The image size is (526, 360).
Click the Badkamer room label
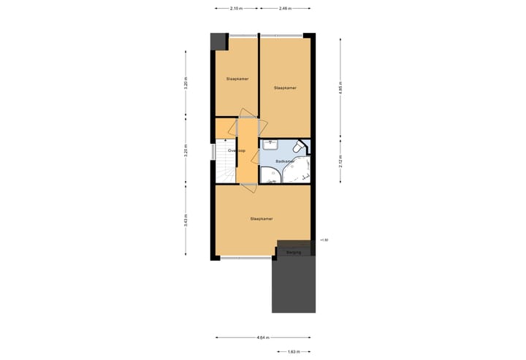[285, 161]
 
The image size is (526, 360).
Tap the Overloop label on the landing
[237, 150]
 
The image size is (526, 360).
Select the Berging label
[294, 253]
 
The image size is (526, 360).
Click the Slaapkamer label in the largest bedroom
[262, 218]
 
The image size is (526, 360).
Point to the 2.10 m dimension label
[236, 9]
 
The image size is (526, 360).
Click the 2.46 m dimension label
[285, 9]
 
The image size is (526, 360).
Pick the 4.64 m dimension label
[262, 338]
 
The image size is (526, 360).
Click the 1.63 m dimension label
[292, 351]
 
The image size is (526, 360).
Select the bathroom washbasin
[270, 144]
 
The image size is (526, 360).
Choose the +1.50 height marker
[324, 240]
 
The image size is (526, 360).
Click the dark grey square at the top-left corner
[218, 42]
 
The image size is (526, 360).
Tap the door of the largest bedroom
[247, 188]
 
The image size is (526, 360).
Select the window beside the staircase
[213, 152]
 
